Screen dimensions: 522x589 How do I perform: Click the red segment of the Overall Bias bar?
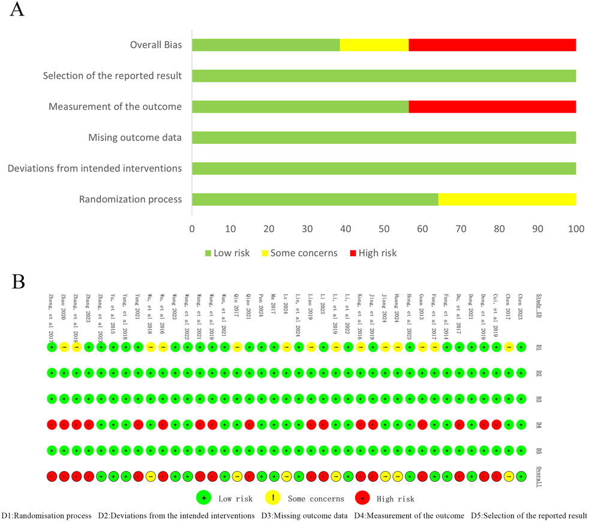coord(492,45)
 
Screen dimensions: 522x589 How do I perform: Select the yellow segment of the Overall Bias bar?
coord(374,45)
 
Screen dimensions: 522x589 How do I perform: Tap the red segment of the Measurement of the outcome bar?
coord(492,107)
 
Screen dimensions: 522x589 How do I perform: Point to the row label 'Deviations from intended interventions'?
coord(95,169)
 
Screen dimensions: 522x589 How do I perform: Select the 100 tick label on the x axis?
coord(576,229)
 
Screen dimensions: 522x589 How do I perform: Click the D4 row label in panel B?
coord(539,424)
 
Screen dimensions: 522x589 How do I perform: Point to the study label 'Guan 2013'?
coord(422,312)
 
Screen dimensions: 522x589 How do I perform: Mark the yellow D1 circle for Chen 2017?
coord(509,347)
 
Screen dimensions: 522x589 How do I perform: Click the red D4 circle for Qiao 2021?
coord(249,424)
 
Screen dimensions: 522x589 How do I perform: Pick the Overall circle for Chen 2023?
coord(521,476)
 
